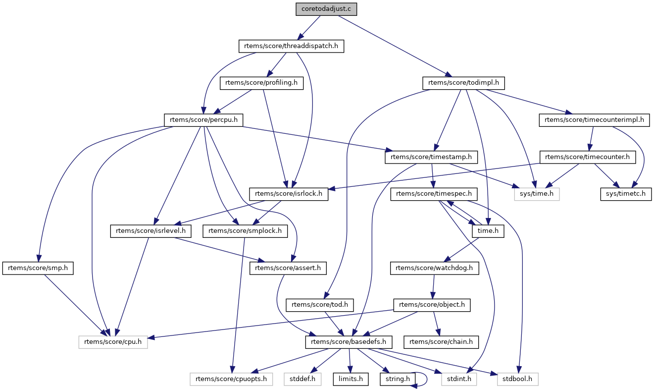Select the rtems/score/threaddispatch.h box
click(x=291, y=47)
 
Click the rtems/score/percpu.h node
click(x=203, y=119)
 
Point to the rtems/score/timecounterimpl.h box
click(x=594, y=119)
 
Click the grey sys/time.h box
click(x=537, y=194)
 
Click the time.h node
click(x=488, y=231)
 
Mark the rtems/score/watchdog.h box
click(x=434, y=268)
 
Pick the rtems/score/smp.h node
click(x=38, y=268)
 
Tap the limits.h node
click(x=350, y=379)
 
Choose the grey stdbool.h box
click(x=518, y=379)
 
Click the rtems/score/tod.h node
click(x=320, y=305)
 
